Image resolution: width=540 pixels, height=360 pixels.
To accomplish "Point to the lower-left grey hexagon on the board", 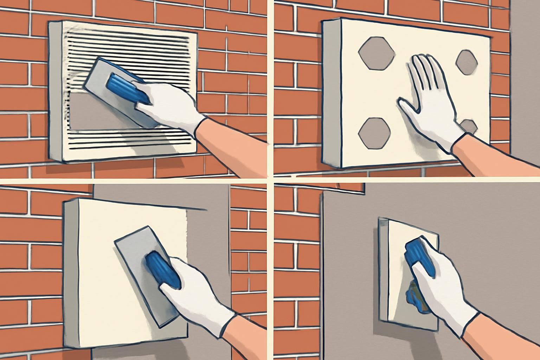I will pos(374,133).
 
